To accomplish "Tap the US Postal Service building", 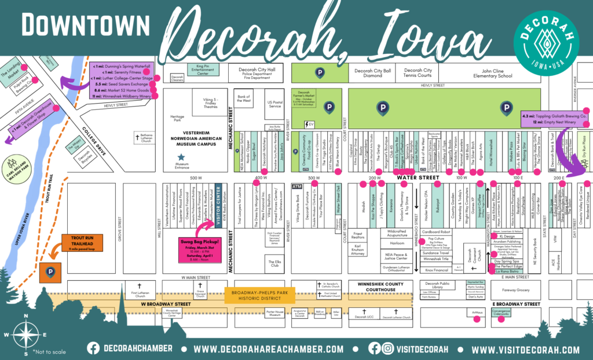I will point(274,104).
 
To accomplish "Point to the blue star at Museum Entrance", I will point(181,157).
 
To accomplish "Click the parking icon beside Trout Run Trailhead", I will point(50,271).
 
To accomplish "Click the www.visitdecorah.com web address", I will point(524,349).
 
